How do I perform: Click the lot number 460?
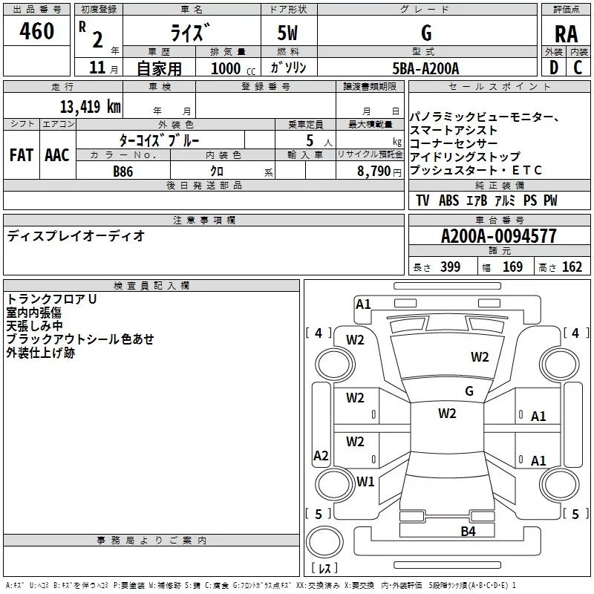click(x=37, y=32)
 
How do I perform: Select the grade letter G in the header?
click(x=425, y=33)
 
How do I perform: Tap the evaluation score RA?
click(x=566, y=34)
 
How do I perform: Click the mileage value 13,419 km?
click(x=91, y=106)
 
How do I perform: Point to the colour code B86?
click(x=123, y=172)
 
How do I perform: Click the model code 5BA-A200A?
click(x=425, y=68)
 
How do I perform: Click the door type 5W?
click(x=290, y=33)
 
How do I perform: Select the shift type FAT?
click(x=22, y=155)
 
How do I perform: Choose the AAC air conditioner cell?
click(x=57, y=155)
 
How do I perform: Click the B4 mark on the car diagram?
click(x=468, y=531)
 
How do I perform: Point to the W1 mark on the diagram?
click(x=365, y=481)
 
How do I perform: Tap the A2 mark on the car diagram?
click(x=321, y=456)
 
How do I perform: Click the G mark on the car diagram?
click(x=469, y=391)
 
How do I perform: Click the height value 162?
click(x=572, y=267)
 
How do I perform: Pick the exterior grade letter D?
click(x=553, y=68)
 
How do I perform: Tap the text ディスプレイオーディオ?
click(x=76, y=236)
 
